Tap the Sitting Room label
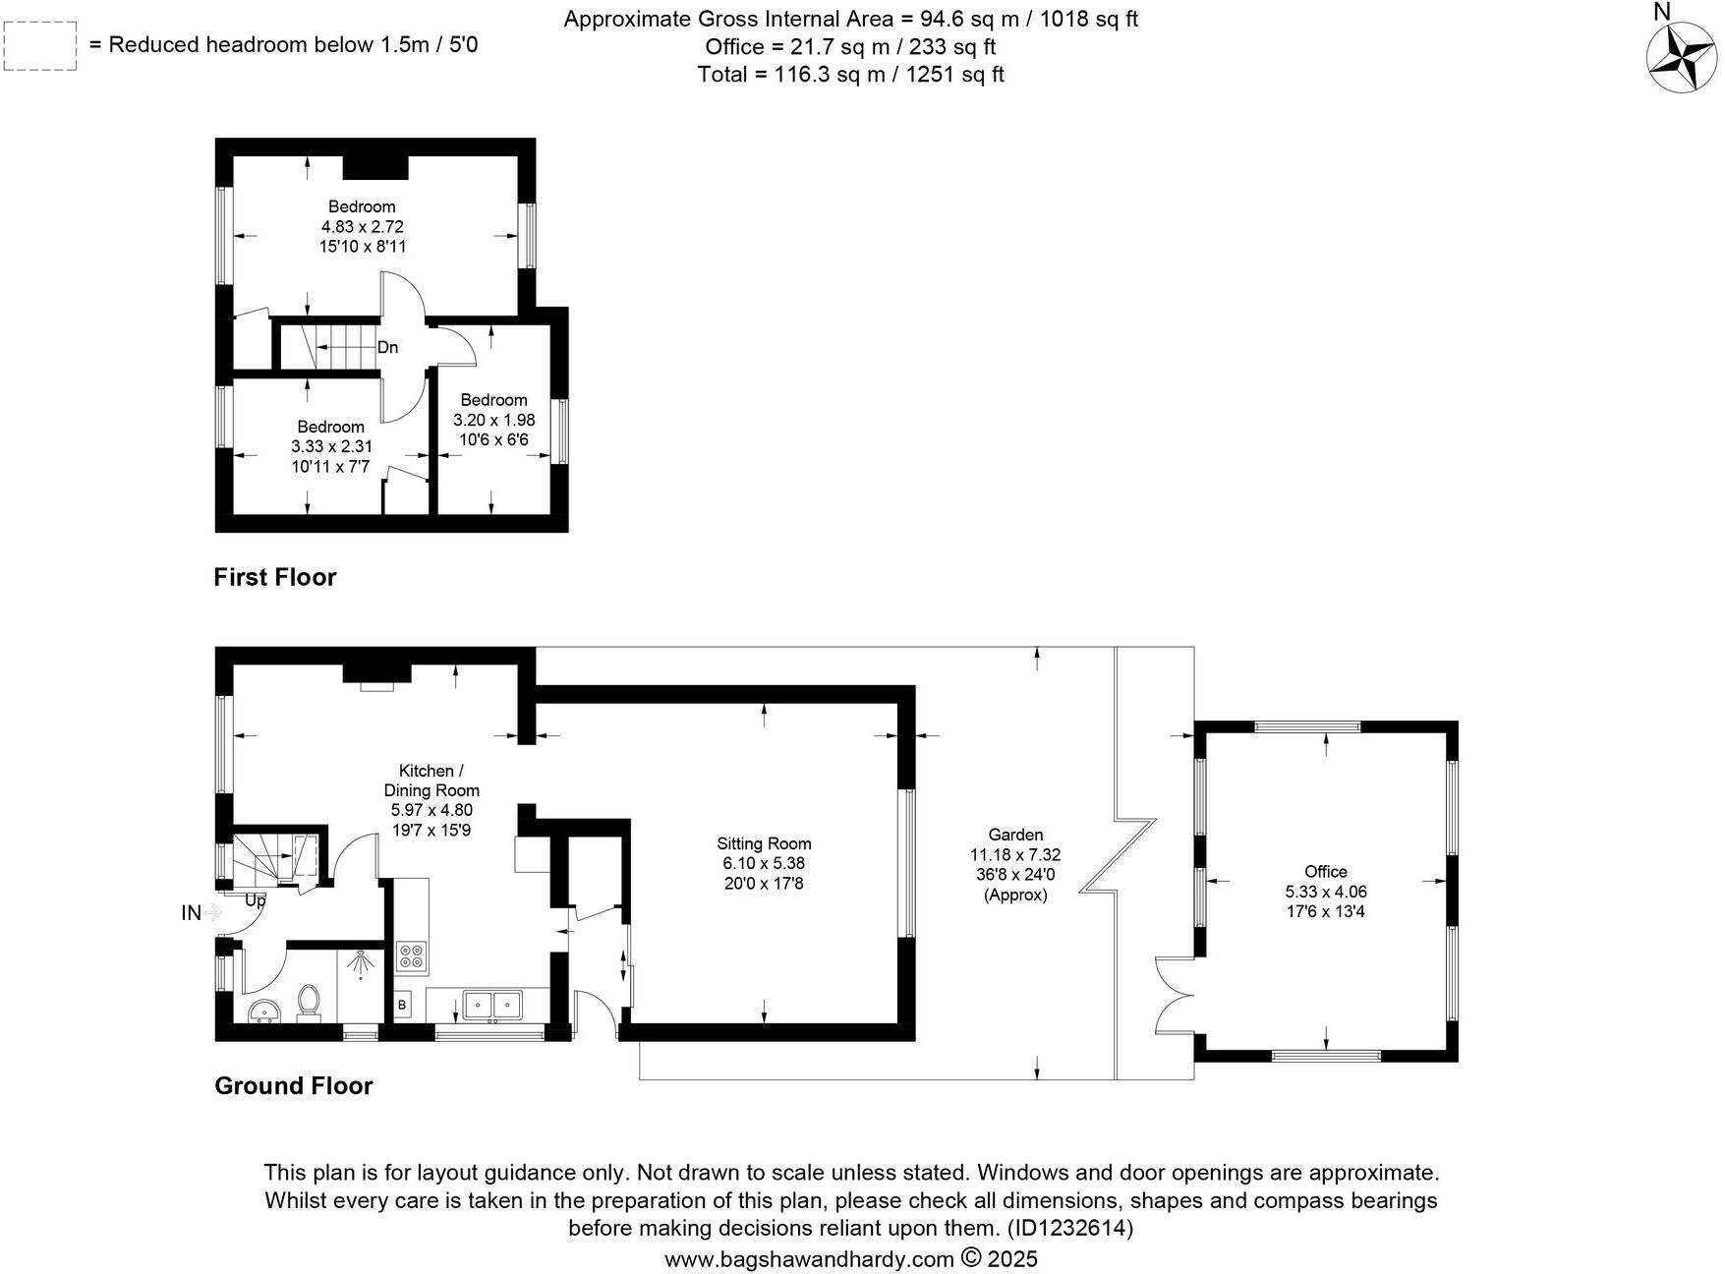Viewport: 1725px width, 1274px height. pyautogui.click(x=764, y=843)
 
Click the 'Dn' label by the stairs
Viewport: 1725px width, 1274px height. pyautogui.click(x=387, y=347)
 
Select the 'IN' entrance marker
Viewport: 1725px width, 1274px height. pyautogui.click(x=192, y=913)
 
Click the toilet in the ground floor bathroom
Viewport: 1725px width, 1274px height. pyautogui.click(x=309, y=1001)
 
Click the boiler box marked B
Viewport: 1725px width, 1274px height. pyautogui.click(x=402, y=1005)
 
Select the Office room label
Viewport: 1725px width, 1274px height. pyautogui.click(x=1325, y=871)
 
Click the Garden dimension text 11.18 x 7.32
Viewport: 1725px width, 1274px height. pyautogui.click(x=1015, y=855)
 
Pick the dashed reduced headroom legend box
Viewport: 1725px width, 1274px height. pyautogui.click(x=40, y=46)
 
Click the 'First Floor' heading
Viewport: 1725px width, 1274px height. pyautogui.click(x=275, y=577)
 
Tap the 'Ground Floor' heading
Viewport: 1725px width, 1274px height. pyautogui.click(x=294, y=1085)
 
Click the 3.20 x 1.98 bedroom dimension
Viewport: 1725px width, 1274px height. pyautogui.click(x=493, y=420)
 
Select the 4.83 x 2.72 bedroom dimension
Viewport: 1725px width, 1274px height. pyautogui.click(x=362, y=226)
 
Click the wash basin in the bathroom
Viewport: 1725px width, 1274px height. pyautogui.click(x=263, y=1012)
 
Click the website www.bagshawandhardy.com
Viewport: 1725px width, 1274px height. pyautogui.click(x=809, y=1259)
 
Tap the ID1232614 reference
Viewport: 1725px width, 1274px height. pyautogui.click(x=1069, y=1228)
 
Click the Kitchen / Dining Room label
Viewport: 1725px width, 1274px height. pyautogui.click(x=431, y=781)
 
